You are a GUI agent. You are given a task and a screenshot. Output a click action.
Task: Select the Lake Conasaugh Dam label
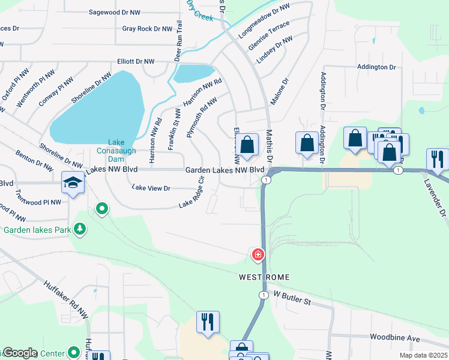[121, 151]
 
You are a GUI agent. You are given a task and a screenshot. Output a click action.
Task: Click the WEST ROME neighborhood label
[264, 277]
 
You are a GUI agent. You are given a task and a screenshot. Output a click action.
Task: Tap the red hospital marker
[258, 254]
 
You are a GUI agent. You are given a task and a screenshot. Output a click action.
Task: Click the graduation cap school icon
[73, 182]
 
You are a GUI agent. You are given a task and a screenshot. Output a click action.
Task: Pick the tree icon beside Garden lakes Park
[79, 229]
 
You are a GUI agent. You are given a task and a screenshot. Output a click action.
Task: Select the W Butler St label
[293, 298]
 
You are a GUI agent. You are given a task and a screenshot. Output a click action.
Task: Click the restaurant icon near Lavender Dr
[436, 160]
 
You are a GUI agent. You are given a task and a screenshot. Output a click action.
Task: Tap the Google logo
[20, 352]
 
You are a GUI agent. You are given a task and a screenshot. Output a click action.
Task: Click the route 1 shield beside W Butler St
[263, 295]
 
